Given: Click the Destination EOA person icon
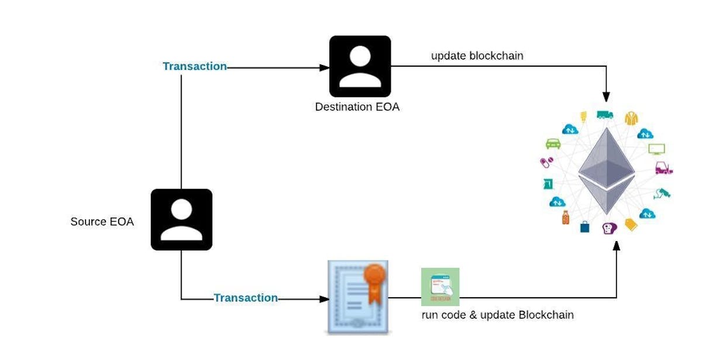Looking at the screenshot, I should [360, 66].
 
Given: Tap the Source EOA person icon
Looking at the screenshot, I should [181, 219].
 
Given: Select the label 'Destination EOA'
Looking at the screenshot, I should [357, 107].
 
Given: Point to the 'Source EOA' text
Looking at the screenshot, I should [102, 222].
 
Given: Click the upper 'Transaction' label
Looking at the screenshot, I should [194, 67].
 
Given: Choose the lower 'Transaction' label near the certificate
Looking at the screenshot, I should [245, 298].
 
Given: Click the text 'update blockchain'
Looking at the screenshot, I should [477, 56].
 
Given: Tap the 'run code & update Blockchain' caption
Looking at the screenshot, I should [497, 315].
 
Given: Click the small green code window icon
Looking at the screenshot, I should [440, 287].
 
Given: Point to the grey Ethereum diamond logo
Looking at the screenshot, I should [607, 171].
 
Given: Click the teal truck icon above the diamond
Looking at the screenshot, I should [604, 115].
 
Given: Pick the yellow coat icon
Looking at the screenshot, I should [631, 118].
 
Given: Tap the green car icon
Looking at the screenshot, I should [553, 143].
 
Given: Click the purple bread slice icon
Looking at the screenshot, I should [609, 228].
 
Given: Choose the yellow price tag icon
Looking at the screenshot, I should [631, 224].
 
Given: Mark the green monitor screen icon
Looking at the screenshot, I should [656, 149].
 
